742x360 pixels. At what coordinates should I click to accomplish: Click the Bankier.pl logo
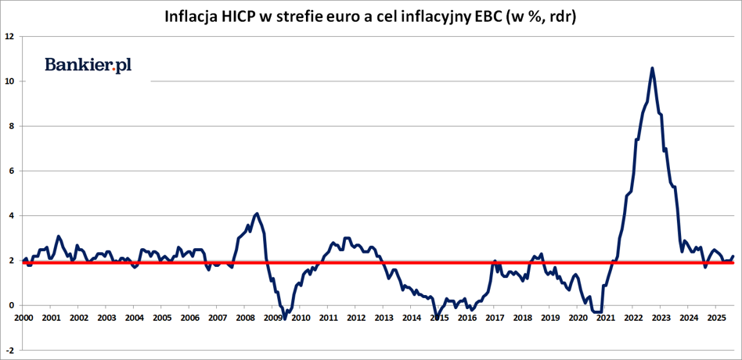coord(88,65)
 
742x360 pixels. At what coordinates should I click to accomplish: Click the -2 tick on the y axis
coord(9,350)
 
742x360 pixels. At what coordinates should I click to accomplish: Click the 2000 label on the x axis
coord(23,319)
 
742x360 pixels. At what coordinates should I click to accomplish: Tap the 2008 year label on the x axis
coord(245,319)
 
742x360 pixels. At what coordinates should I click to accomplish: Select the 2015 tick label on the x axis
coord(439,319)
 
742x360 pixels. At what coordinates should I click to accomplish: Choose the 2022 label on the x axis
coord(633,319)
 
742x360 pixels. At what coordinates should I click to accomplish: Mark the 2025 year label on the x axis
coord(716,319)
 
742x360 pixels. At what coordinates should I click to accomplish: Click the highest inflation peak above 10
coord(653,68)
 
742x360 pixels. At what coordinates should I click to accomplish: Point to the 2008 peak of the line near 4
coord(257,213)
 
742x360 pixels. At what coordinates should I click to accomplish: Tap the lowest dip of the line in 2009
coord(285,318)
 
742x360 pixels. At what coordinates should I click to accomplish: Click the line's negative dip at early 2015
coord(437,317)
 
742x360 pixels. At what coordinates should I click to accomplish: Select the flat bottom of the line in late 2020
coord(598,312)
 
